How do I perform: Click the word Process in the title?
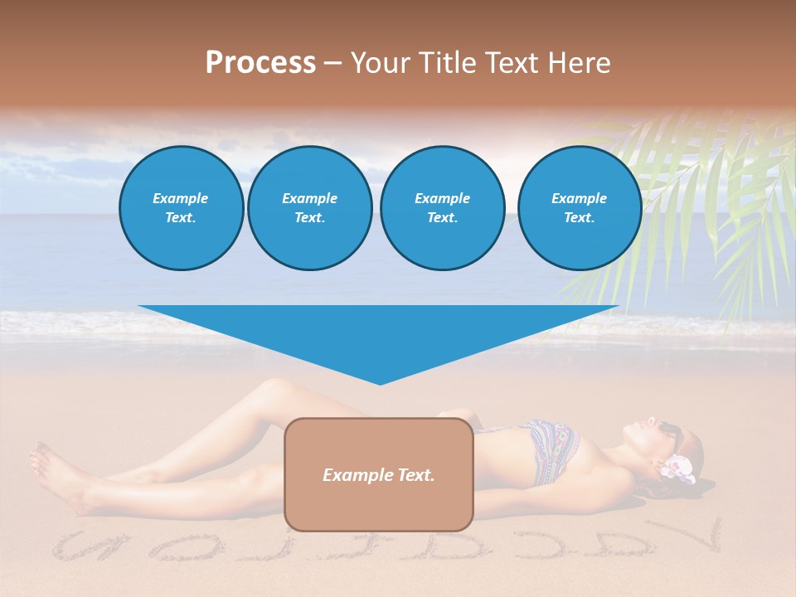coord(260,63)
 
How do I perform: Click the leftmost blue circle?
coord(181,208)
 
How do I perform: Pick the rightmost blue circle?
coord(579,208)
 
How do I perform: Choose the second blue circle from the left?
coord(309,208)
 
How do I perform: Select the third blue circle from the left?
coord(442,208)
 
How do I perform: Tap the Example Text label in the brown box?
coord(378,475)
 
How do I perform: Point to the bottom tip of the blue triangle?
coord(380,383)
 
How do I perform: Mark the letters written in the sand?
coord(381,547)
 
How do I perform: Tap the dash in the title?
coord(333,63)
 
